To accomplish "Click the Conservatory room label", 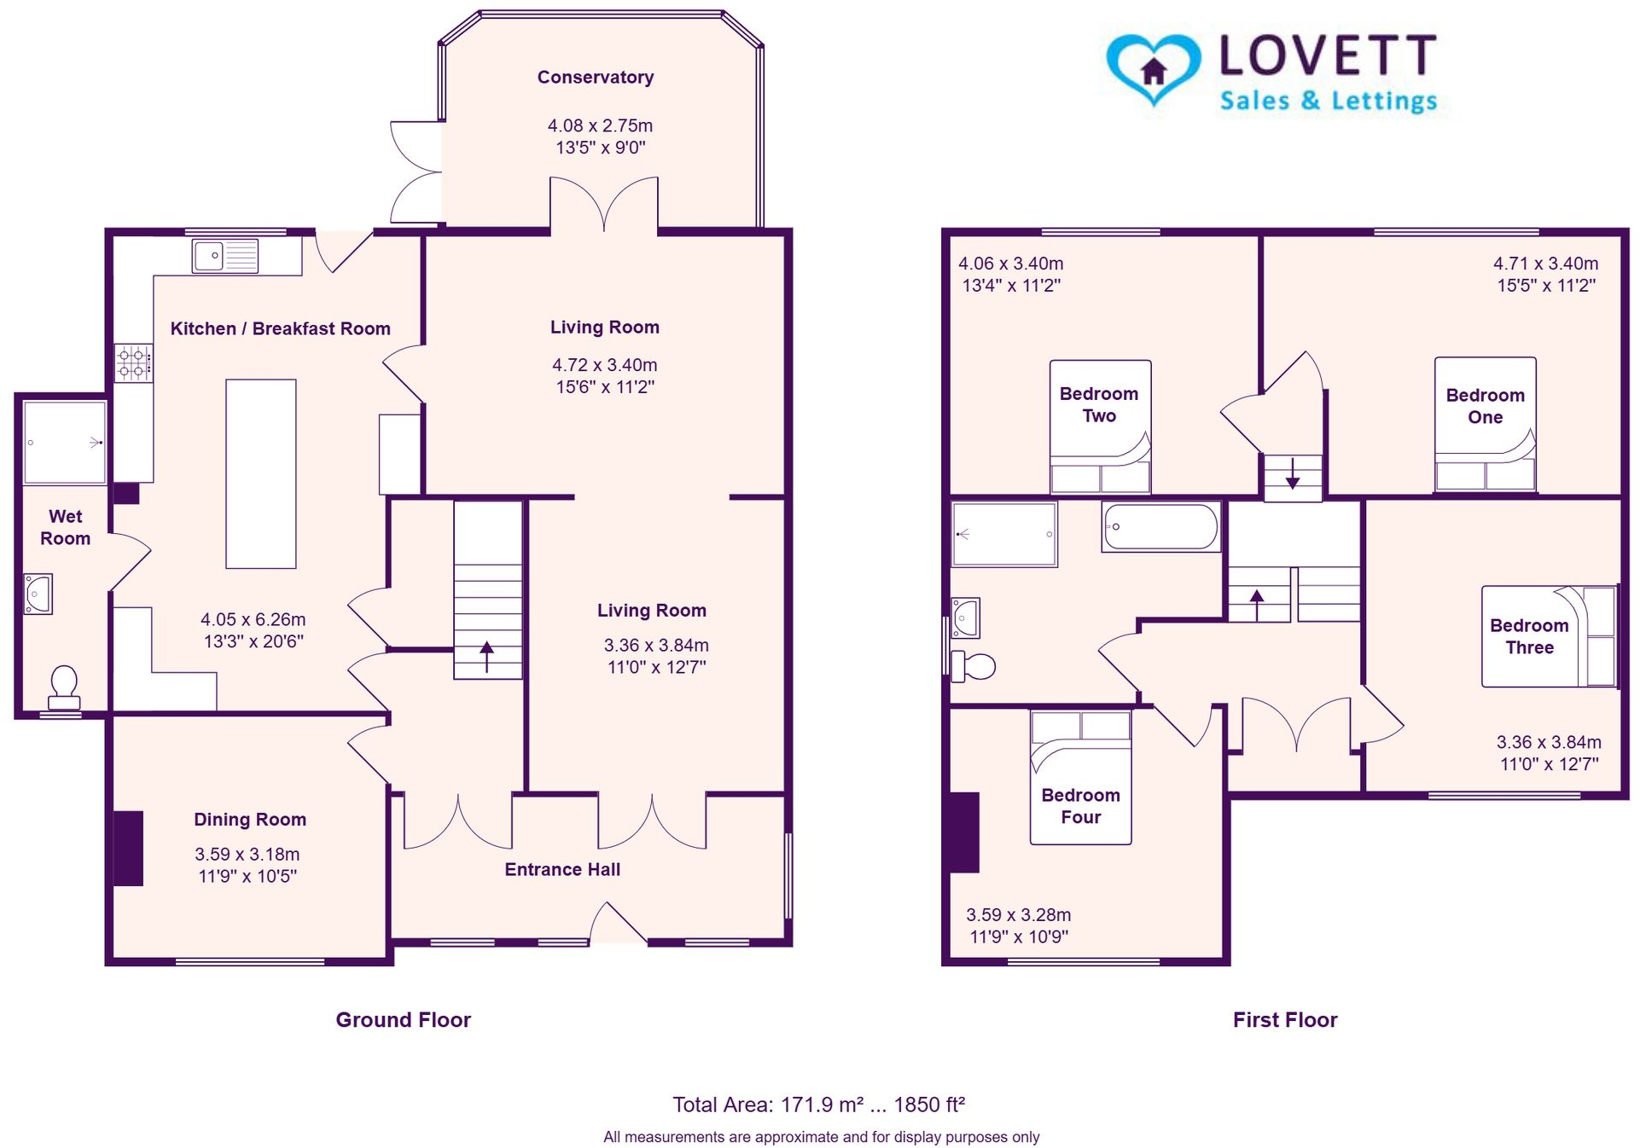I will [x=595, y=78].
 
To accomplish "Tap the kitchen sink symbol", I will [x=225, y=255].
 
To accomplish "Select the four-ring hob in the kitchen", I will [x=134, y=362].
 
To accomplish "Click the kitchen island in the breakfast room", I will [x=260, y=473].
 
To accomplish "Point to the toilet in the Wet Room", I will [x=64, y=687].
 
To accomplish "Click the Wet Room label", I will [x=65, y=527].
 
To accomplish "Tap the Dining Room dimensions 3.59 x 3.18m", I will [x=247, y=854].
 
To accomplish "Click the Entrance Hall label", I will [x=561, y=869].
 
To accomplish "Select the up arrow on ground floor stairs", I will [x=486, y=657].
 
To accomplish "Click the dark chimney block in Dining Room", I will [x=128, y=848].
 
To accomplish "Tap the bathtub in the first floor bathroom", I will [x=1160, y=526].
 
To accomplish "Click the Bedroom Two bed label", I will [x=1098, y=404].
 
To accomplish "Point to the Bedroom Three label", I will [x=1528, y=636].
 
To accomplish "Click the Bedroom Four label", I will [x=1079, y=806].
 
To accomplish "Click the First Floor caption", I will [x=1284, y=1020].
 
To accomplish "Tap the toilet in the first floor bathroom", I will [x=973, y=666].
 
